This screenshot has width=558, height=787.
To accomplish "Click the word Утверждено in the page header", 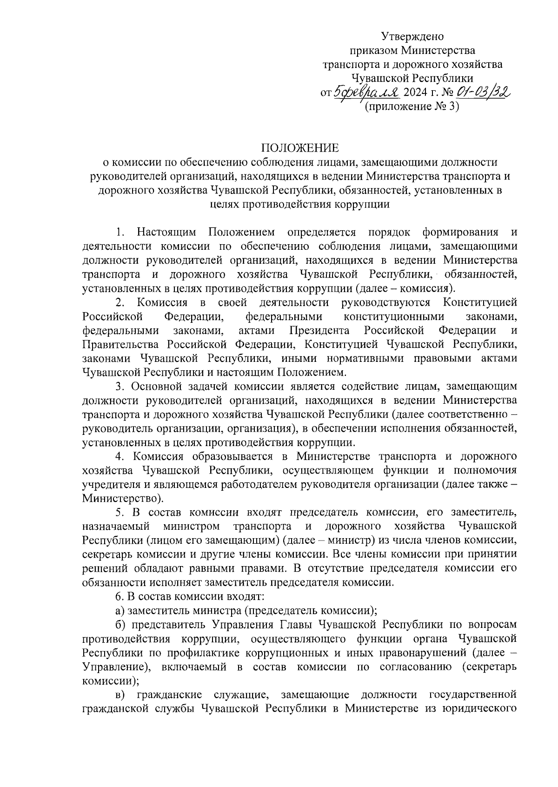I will point(412,36).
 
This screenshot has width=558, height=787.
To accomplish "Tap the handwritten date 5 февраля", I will point(366,93).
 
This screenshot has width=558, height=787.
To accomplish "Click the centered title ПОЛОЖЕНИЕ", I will point(300,148).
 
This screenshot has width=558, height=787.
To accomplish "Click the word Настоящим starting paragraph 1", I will point(166,232).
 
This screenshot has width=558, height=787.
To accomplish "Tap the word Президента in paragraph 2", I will point(319,331).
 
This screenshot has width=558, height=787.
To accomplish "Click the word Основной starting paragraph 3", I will point(153,386).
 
